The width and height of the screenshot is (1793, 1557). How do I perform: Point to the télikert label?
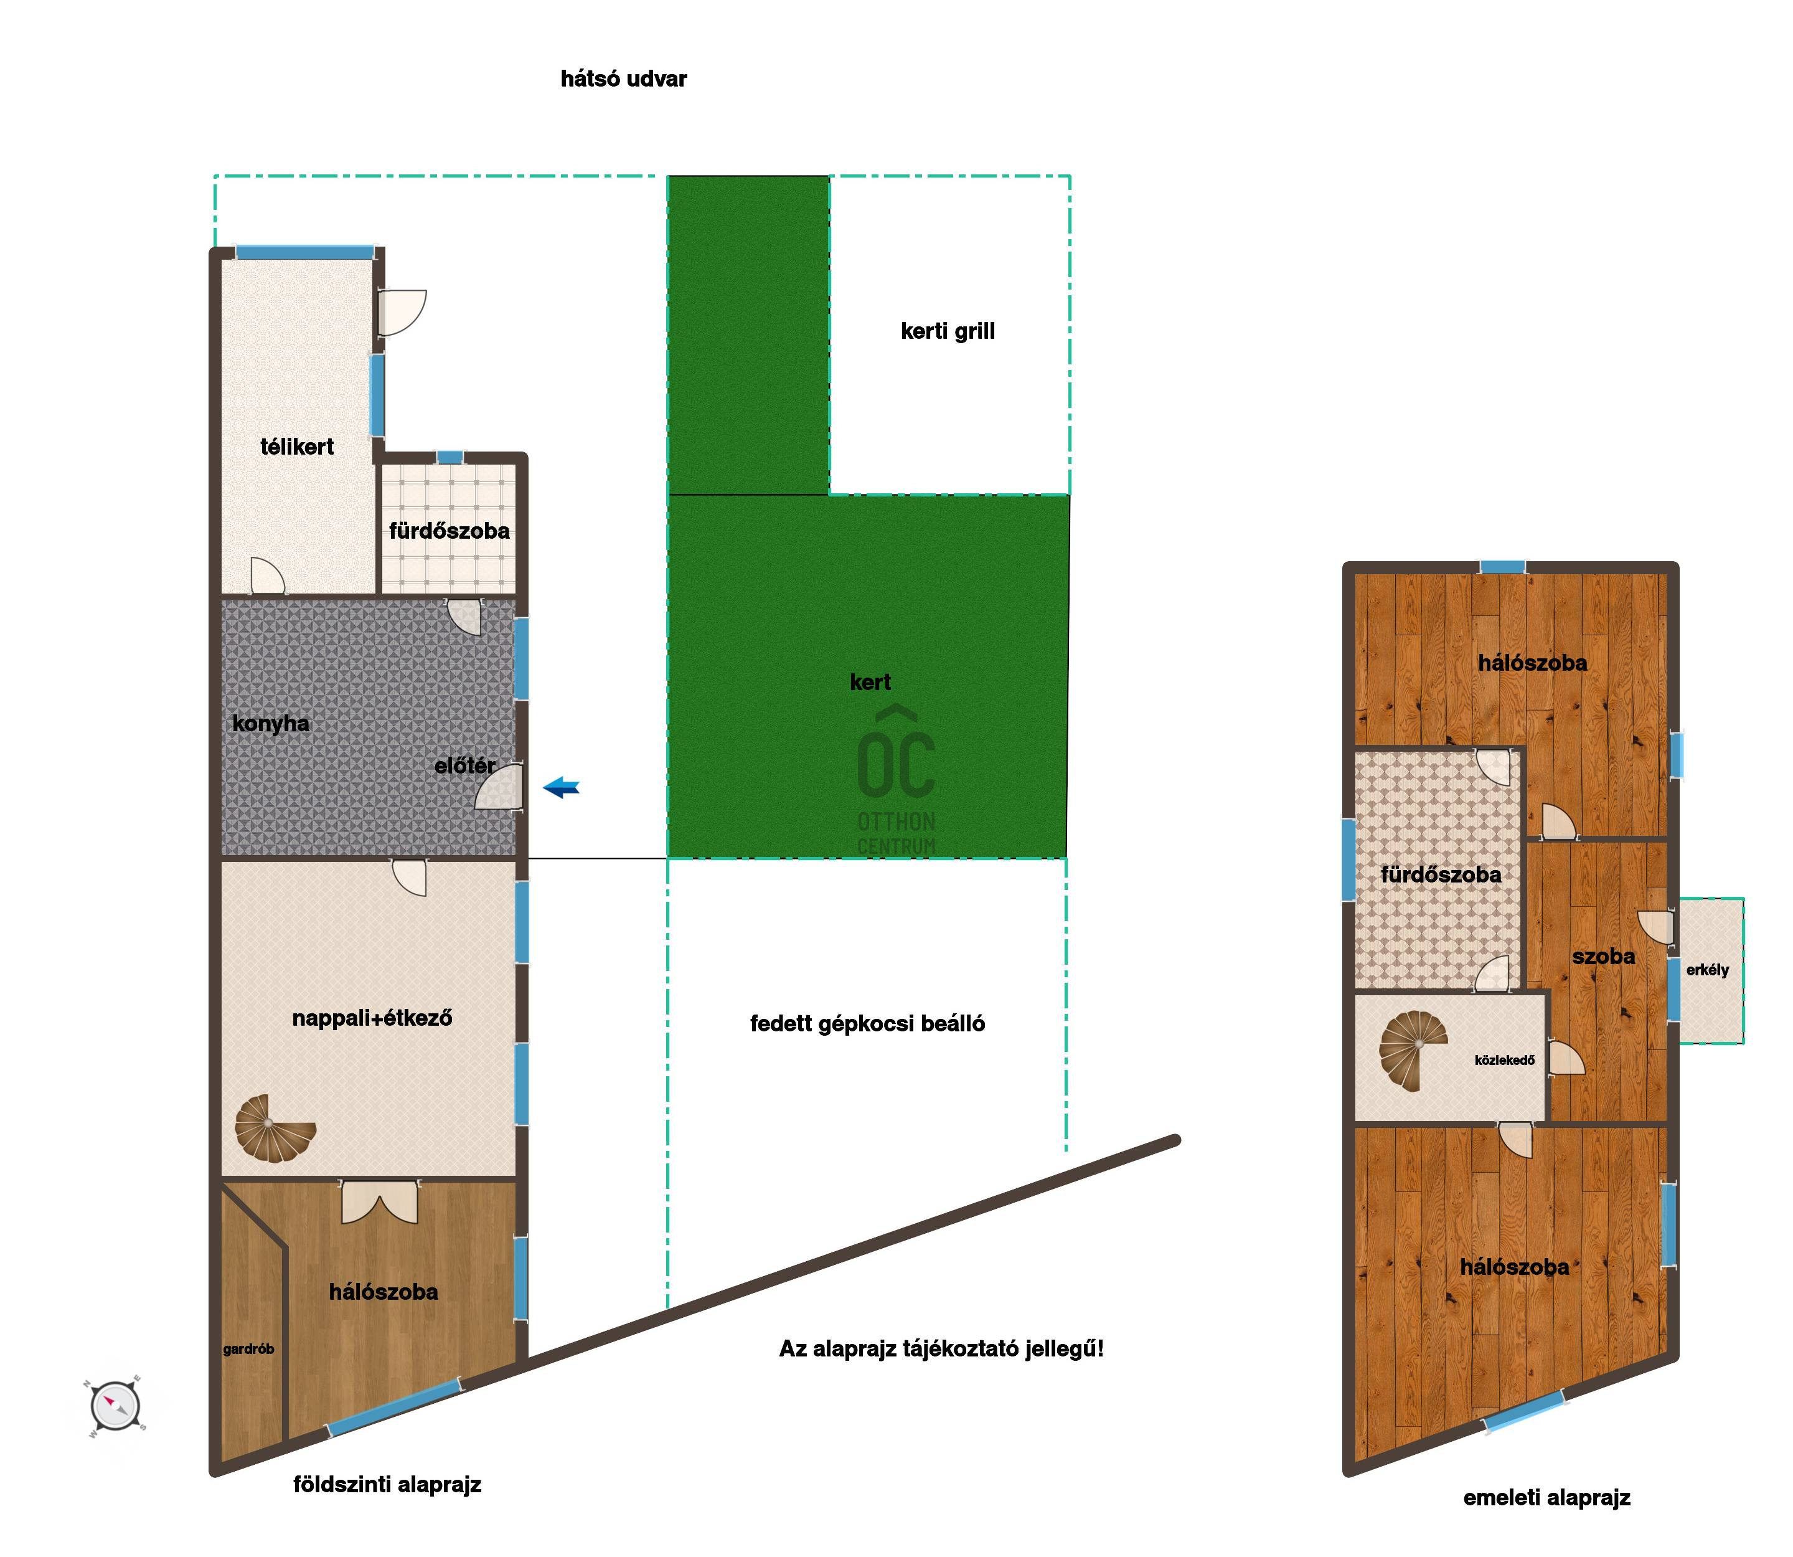click(297, 447)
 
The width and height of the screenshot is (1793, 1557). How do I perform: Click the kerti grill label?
click(948, 331)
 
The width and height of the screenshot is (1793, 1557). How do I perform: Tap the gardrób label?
click(248, 1350)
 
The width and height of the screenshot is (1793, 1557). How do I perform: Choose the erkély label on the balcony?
click(1707, 970)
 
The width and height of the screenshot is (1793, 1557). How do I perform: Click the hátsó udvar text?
click(624, 79)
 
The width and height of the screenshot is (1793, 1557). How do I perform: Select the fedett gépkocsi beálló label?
click(867, 1023)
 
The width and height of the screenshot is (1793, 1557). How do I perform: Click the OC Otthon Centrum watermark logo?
click(896, 779)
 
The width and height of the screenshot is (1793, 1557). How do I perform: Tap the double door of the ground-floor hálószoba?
click(380, 1201)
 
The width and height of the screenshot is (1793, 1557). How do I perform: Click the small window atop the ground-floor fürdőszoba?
click(450, 458)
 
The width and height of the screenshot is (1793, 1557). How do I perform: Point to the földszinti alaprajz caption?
click(387, 1484)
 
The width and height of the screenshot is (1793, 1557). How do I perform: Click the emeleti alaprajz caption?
click(1546, 1497)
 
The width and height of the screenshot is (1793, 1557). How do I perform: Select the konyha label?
click(270, 724)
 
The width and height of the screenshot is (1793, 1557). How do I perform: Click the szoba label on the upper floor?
click(1604, 956)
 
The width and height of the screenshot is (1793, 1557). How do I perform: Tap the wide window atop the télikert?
click(305, 253)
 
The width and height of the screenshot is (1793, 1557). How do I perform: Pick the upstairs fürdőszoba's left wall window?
click(1348, 859)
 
